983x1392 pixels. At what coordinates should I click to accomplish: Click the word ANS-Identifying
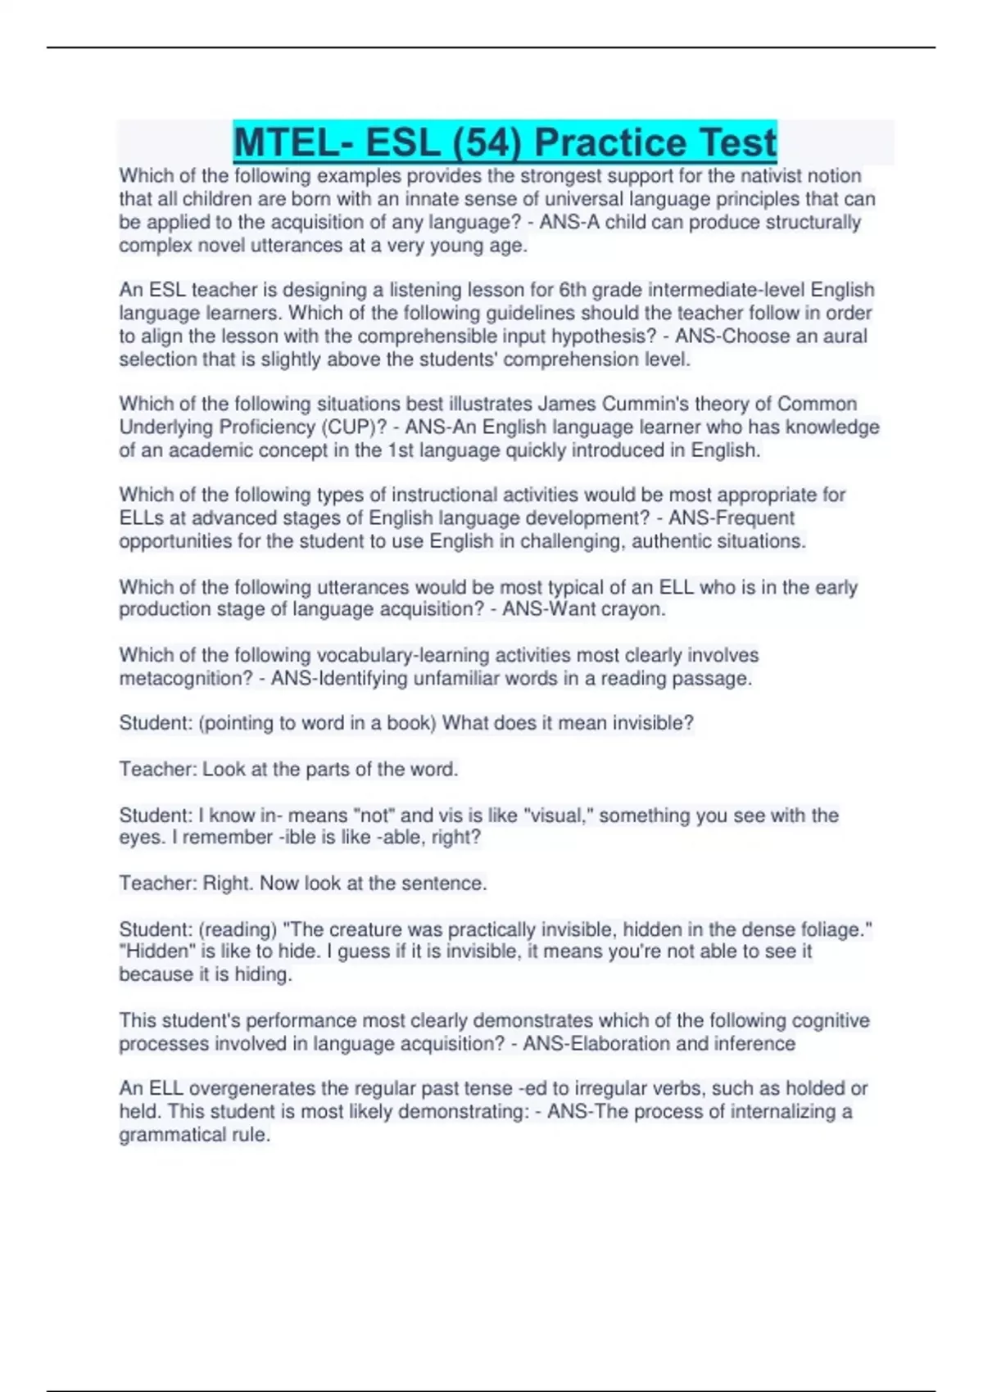[339, 679]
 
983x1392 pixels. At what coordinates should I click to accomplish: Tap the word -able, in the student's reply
[401, 838]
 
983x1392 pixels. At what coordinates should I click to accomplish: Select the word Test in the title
[734, 142]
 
